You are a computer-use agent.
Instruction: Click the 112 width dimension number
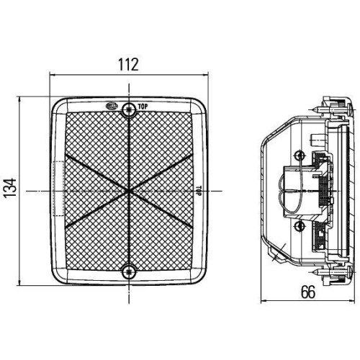point(128,64)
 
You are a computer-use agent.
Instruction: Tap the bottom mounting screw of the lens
point(129,271)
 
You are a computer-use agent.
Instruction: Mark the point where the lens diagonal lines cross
point(129,191)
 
